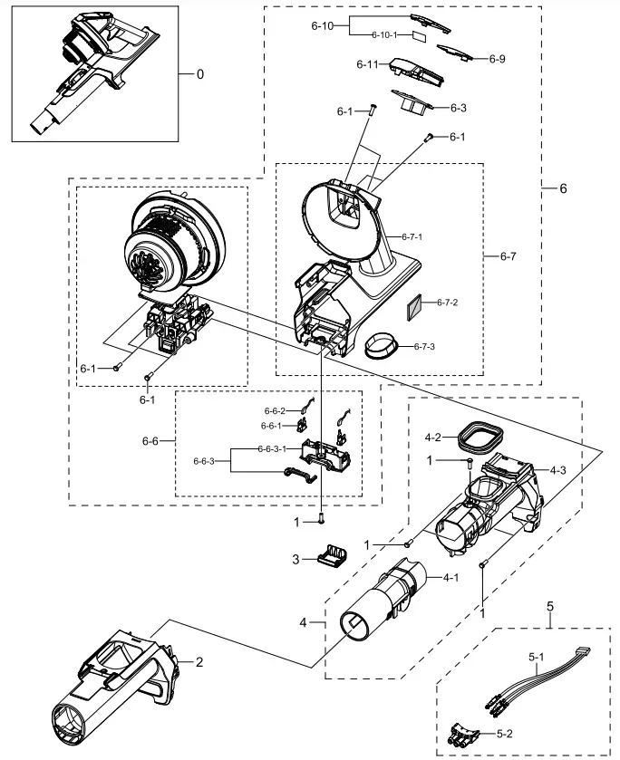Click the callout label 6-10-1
click(385, 34)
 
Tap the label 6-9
click(497, 59)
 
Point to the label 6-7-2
click(448, 303)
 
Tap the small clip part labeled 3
click(330, 553)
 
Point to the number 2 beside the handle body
click(199, 661)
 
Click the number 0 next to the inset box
click(199, 73)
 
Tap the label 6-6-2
click(275, 411)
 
